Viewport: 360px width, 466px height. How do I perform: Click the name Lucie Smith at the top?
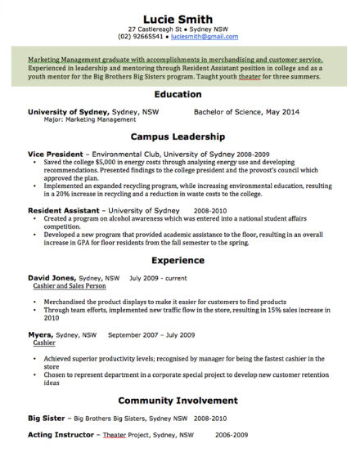(178, 19)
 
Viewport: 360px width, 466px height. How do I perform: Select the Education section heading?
(178, 95)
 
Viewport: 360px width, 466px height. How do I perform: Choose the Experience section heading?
(178, 261)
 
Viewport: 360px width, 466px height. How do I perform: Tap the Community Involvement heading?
(178, 401)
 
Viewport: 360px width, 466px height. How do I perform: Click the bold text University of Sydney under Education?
(69, 111)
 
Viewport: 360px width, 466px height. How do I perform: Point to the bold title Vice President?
(56, 154)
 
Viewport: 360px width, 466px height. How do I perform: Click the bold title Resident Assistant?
(65, 210)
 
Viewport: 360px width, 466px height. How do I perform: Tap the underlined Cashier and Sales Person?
(70, 287)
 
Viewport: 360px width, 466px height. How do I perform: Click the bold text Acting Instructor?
(62, 435)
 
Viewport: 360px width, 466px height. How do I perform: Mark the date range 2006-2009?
(232, 435)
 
